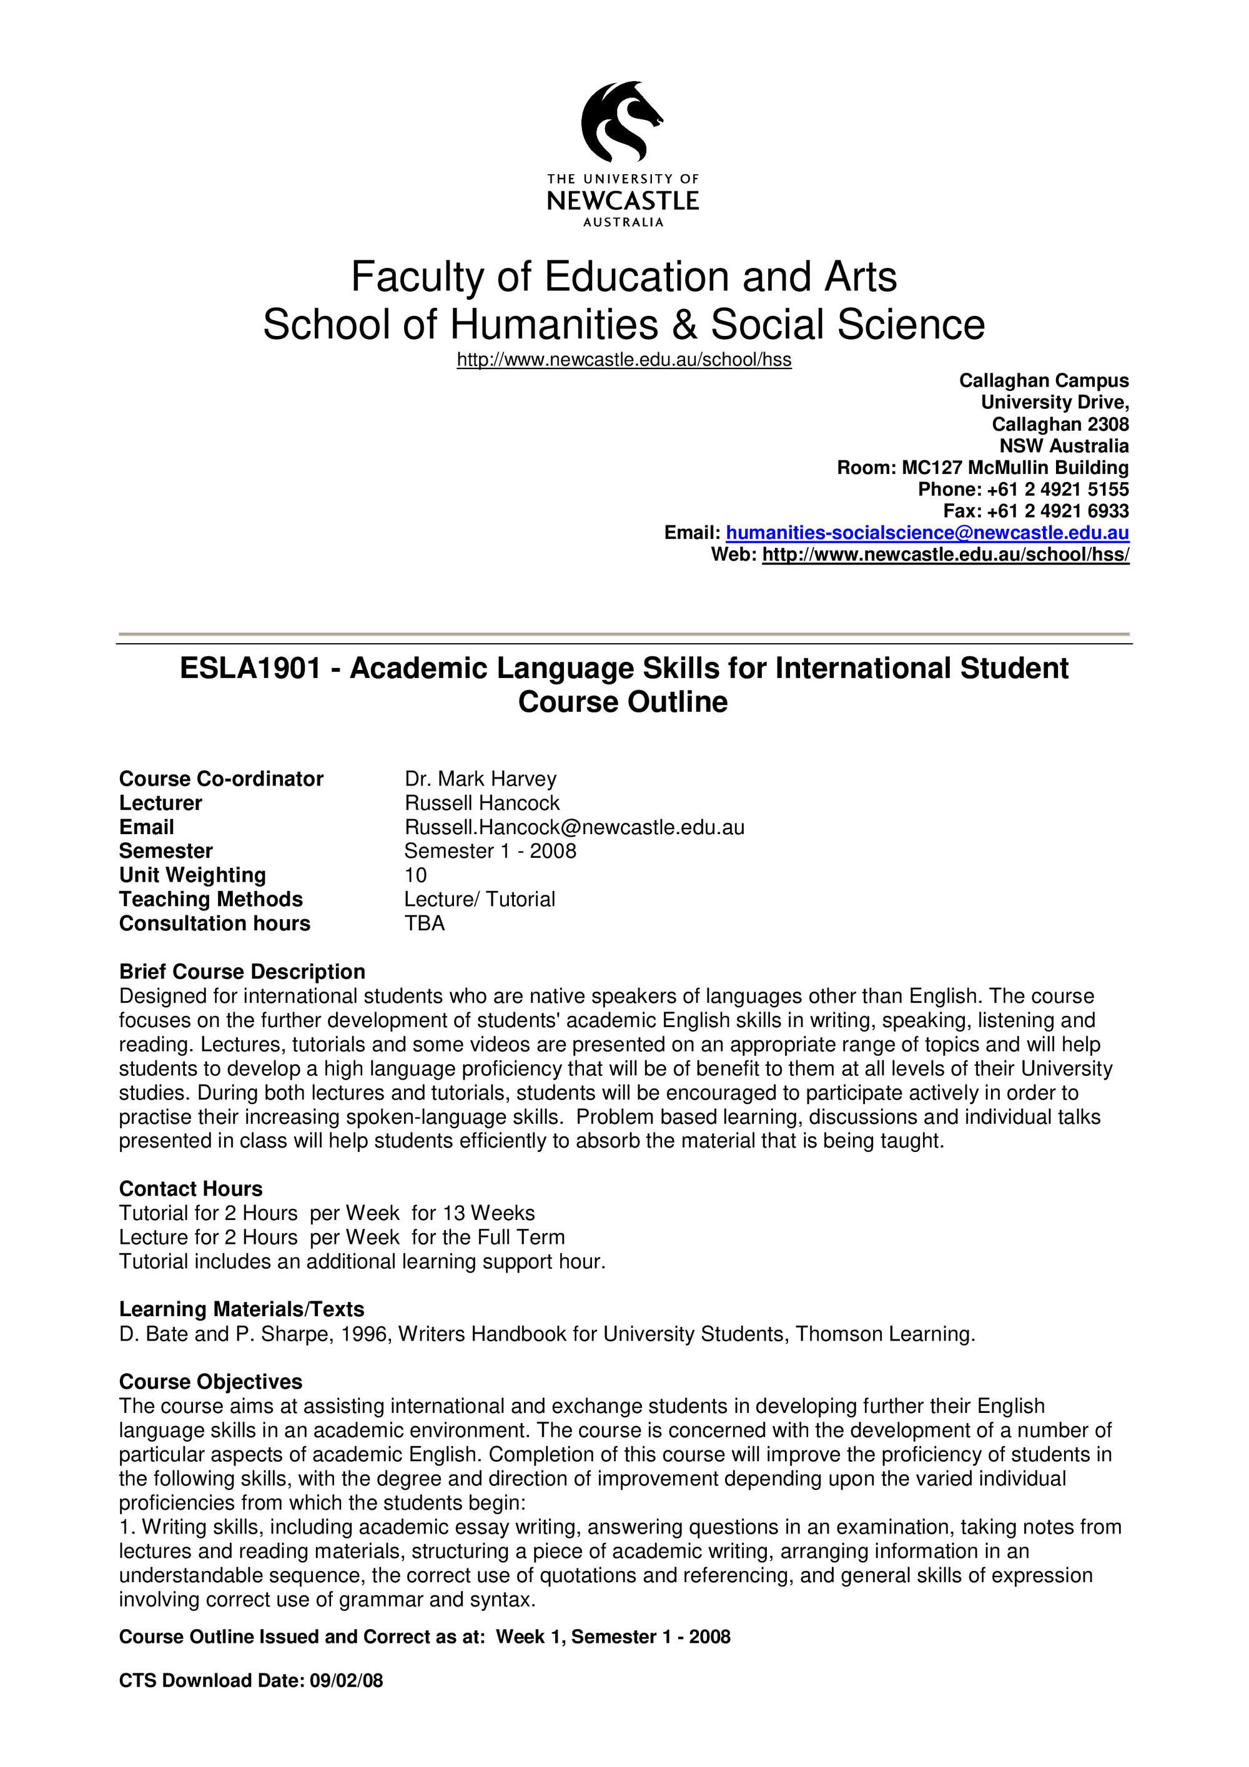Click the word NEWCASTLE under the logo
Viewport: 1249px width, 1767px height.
(623, 201)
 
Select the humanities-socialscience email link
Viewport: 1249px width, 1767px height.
(927, 533)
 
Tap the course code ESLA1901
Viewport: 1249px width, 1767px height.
(249, 668)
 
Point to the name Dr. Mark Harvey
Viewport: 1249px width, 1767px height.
(480, 779)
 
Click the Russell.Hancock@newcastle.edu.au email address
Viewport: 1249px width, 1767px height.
(574, 827)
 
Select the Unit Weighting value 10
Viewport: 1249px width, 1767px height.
(415, 875)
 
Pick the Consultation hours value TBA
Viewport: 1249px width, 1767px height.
(425, 923)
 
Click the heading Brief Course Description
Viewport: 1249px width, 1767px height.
(242, 972)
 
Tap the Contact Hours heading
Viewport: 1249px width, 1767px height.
(191, 1189)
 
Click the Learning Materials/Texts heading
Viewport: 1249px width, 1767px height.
(242, 1310)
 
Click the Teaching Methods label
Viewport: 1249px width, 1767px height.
(211, 900)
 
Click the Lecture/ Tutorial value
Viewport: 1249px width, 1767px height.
(480, 900)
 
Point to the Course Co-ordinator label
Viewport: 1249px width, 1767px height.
(221, 779)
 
